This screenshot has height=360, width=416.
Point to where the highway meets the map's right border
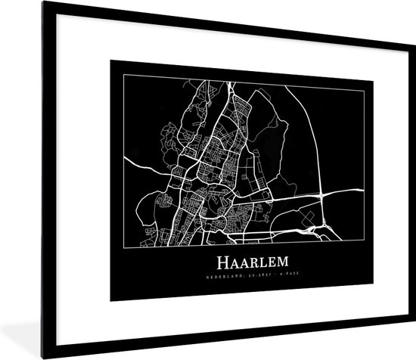point(353,192)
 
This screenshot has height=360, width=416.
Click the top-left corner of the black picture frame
point(2,2)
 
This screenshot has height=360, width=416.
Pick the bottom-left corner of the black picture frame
point(2,358)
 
